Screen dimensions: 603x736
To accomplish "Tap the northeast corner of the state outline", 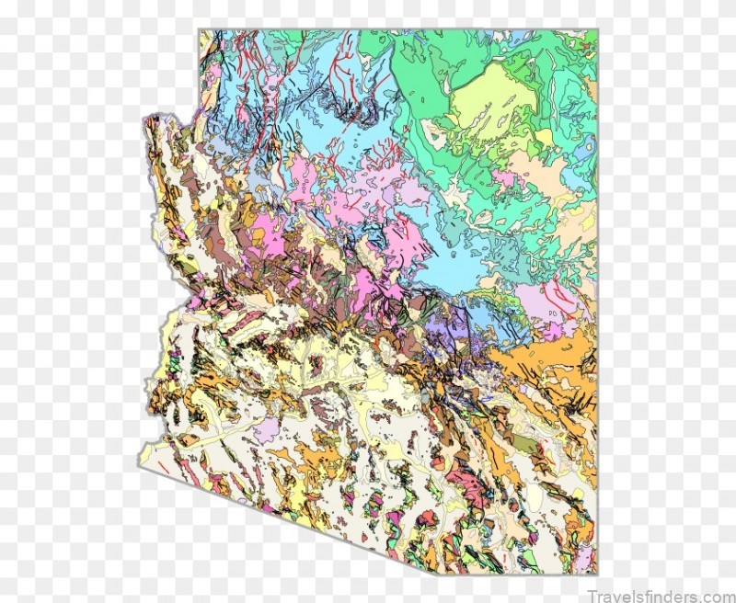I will coord(596,29).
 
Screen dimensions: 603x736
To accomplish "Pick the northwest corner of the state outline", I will coord(200,29).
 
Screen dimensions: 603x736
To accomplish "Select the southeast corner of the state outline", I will coord(596,573).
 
